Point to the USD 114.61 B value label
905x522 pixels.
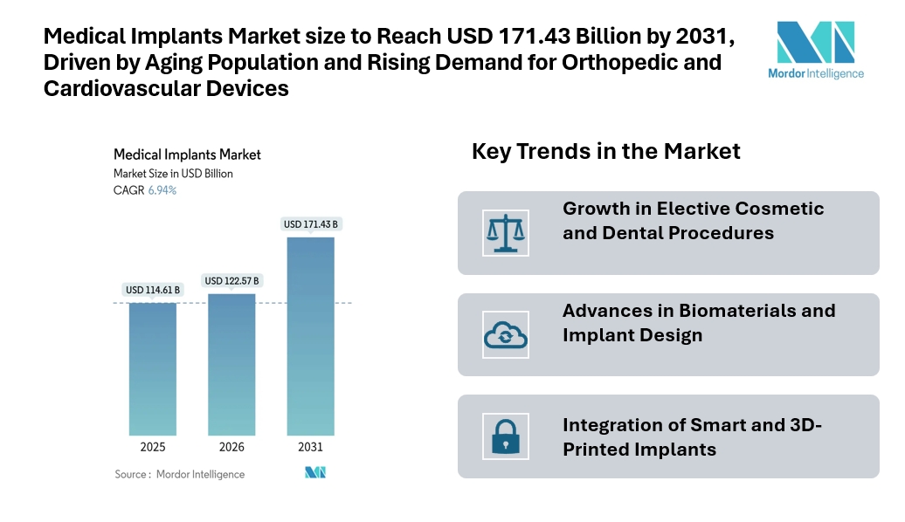(x=153, y=290)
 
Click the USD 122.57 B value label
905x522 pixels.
(x=231, y=280)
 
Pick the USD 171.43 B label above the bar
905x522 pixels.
(x=310, y=224)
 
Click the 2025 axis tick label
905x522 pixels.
(x=153, y=447)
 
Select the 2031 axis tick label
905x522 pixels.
(x=310, y=447)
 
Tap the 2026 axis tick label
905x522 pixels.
(x=231, y=447)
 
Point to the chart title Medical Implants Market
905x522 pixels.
(x=187, y=155)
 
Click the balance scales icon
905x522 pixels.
(x=506, y=232)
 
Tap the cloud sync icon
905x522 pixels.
(x=506, y=334)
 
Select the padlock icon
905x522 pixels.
(x=506, y=436)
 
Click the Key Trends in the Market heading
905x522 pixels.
(x=605, y=151)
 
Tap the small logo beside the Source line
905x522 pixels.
(x=314, y=473)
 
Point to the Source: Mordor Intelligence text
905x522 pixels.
(x=179, y=474)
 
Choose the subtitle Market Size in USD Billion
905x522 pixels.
(x=173, y=174)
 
